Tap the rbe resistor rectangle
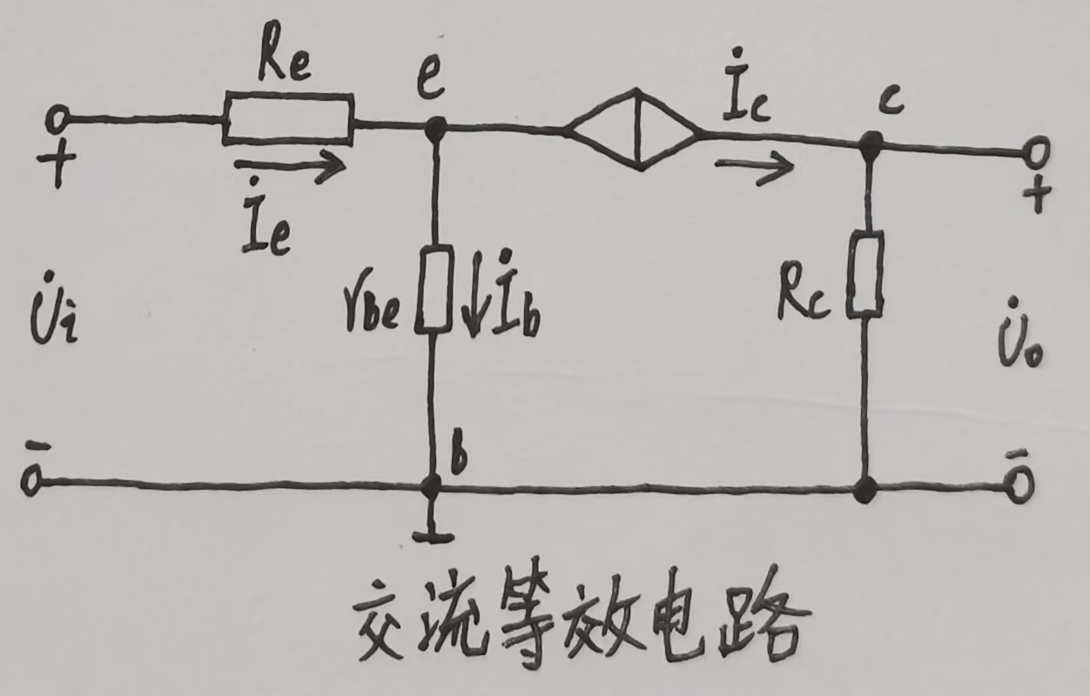click(x=433, y=289)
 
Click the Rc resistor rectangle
click(x=866, y=272)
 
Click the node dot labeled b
click(x=430, y=487)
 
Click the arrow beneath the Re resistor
click(x=290, y=166)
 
